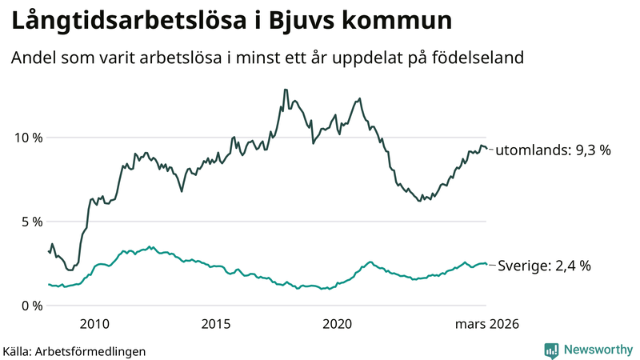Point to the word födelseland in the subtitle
483,58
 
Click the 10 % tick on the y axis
28,138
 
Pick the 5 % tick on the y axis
31,222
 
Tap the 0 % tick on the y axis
31,306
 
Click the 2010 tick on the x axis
94,324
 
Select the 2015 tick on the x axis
215,324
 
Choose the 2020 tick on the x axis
337,324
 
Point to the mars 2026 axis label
487,324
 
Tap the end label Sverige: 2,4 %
544,266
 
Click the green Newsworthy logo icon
551,349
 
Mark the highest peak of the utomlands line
285,90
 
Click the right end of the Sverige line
486,265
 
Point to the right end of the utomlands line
486,148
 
